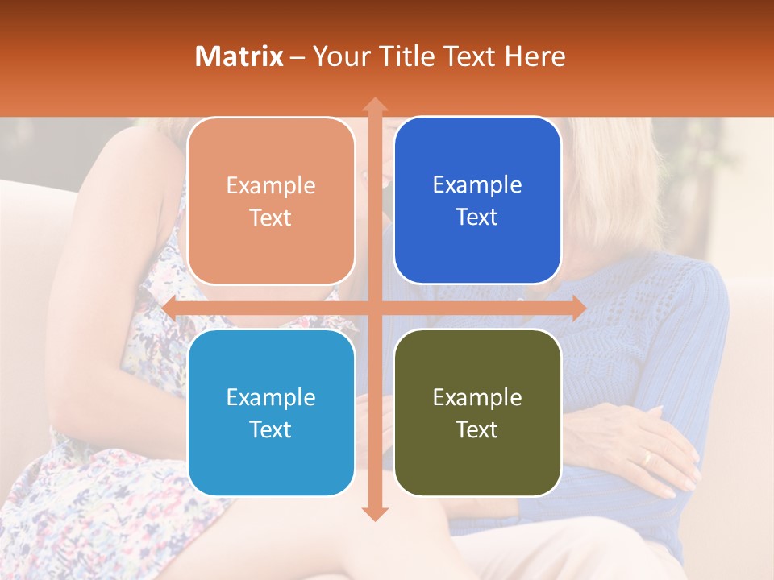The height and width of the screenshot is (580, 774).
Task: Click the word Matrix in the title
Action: point(239,56)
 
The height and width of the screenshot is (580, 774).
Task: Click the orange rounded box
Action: point(271,201)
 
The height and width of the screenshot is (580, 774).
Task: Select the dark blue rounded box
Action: point(477,201)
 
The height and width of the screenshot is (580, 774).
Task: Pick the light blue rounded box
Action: point(271,412)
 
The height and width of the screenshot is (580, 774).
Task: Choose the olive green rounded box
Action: point(477,412)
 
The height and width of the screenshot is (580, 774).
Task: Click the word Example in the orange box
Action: point(271,186)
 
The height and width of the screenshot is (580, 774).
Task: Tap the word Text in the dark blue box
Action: point(477,217)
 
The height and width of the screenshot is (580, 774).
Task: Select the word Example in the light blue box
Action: point(271,397)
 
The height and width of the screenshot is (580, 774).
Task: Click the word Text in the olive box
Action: point(477,429)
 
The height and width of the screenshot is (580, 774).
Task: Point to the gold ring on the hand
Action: point(646,458)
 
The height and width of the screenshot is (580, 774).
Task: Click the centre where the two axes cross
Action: point(375,308)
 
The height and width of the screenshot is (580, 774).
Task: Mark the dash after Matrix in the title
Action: point(298,57)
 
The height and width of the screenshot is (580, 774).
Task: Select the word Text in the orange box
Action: point(271,218)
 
